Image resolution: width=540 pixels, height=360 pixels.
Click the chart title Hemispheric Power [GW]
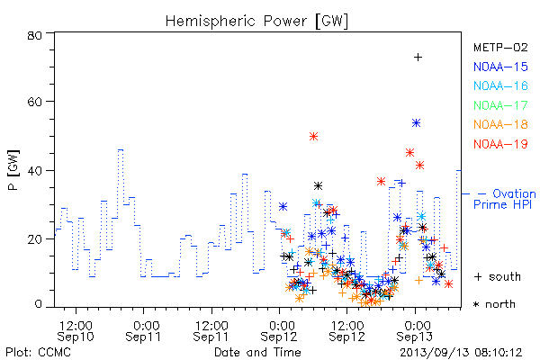click(256, 21)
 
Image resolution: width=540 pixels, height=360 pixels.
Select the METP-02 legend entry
click(500, 48)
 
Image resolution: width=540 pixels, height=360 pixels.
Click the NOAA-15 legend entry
click(500, 67)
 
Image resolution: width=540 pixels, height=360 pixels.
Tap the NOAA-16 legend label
click(500, 85)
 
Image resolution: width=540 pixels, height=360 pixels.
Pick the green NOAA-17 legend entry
click(500, 105)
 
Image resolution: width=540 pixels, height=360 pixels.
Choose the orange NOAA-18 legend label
click(500, 124)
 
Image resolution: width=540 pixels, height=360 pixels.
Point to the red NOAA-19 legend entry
click(500, 144)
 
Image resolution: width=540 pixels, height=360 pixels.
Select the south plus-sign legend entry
click(498, 276)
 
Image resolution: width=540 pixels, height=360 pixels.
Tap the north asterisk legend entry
click(494, 304)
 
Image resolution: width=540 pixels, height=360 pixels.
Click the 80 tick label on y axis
click(35, 35)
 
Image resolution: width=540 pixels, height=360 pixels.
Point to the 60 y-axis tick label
click(35, 102)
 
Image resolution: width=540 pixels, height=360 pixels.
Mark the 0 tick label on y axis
click(39, 304)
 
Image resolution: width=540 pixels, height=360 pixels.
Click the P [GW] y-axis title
click(13, 170)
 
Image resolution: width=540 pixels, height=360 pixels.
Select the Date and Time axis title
click(257, 352)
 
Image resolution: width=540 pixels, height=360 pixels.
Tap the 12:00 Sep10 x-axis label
click(76, 331)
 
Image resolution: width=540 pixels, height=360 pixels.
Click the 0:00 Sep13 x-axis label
click(415, 331)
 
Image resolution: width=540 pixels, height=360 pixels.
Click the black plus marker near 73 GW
click(418, 58)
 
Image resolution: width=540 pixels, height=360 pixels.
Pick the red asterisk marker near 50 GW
click(313, 137)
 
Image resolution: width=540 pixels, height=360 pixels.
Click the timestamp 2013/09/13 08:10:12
click(461, 353)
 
